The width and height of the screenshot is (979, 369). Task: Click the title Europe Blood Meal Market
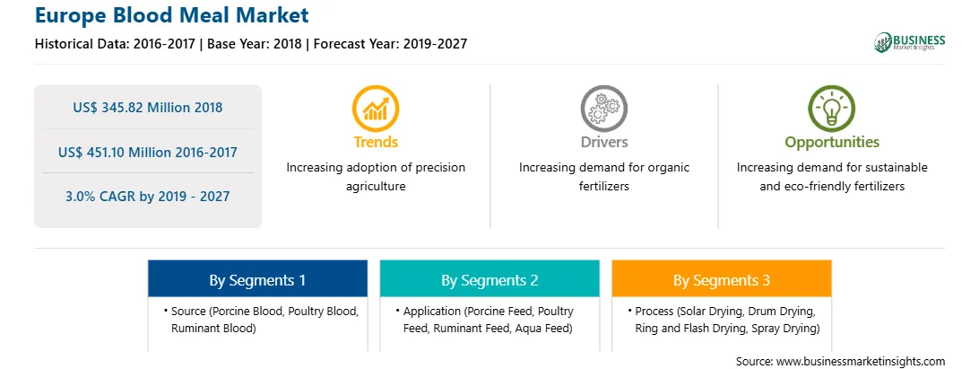click(x=172, y=14)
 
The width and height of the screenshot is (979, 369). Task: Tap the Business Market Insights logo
click(x=910, y=42)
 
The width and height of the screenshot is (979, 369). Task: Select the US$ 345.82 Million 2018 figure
click(x=147, y=108)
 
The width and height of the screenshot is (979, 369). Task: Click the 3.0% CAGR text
click(x=105, y=197)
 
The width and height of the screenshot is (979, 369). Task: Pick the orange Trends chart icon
click(x=376, y=109)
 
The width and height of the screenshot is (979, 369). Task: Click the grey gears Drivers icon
click(x=603, y=109)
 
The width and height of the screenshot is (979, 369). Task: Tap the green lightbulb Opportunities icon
click(x=832, y=109)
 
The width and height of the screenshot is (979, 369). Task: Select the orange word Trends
click(x=376, y=142)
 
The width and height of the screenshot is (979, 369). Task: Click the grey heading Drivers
click(x=604, y=142)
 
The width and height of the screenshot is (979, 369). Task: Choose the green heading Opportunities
click(x=832, y=143)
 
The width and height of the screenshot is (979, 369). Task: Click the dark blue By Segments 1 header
click(x=258, y=279)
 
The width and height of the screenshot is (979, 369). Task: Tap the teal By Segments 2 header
click(x=490, y=279)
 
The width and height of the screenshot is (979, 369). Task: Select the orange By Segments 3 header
click(x=722, y=279)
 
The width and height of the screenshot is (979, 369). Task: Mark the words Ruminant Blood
click(x=213, y=328)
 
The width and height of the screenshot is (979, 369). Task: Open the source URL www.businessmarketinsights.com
click(x=861, y=361)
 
